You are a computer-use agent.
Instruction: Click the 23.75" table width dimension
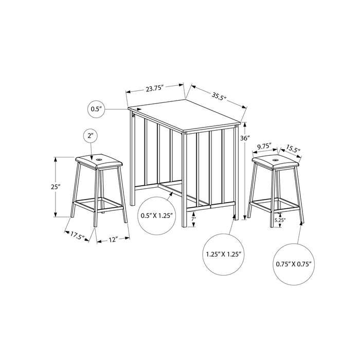(154, 88)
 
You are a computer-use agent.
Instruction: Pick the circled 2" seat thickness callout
(91, 136)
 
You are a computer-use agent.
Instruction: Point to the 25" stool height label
(56, 187)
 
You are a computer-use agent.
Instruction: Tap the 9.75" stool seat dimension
(264, 146)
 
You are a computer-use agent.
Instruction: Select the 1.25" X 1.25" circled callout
(223, 254)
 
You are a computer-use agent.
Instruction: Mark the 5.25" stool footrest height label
(280, 220)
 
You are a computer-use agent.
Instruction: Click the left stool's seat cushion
(98, 161)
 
